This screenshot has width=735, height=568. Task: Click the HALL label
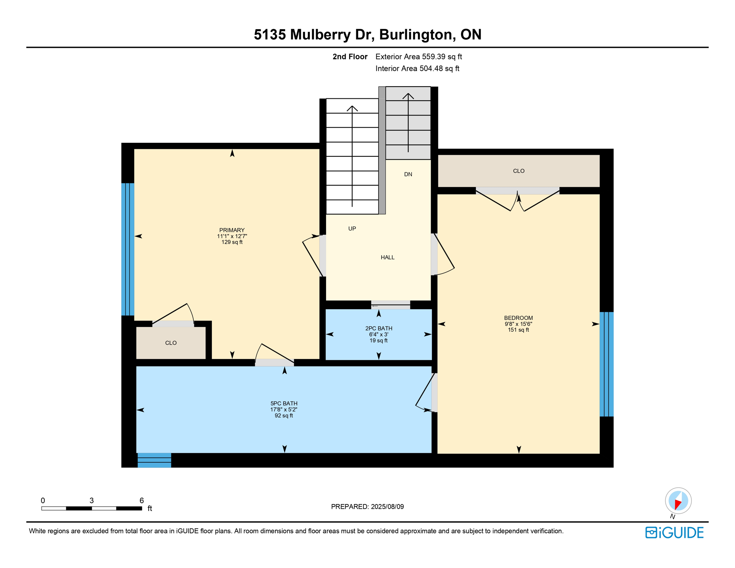tap(387, 257)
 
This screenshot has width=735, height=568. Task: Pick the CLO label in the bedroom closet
tap(519, 171)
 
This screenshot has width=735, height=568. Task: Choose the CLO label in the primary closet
tap(171, 343)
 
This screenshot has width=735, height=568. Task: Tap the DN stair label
tap(408, 174)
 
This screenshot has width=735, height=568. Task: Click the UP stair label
tap(352, 229)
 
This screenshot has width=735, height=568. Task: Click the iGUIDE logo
tap(674, 532)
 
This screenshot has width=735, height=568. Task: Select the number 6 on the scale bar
tap(142, 500)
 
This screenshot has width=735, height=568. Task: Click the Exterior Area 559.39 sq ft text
tap(419, 57)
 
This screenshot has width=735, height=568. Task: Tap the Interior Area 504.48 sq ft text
tap(417, 68)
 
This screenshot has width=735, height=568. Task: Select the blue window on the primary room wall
tap(128, 249)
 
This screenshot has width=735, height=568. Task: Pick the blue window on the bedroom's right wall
tap(606, 364)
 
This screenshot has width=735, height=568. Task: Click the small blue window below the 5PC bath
tap(154, 460)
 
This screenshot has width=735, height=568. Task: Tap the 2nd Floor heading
tap(350, 57)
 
